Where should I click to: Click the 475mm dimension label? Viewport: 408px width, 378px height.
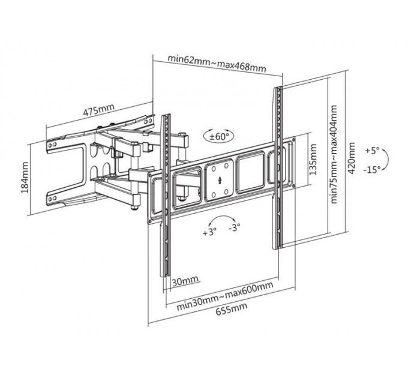pyautogui.click(x=98, y=110)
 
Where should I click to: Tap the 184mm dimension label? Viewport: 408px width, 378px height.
pyautogui.click(x=25, y=178)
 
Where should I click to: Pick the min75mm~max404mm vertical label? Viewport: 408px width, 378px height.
pyautogui.click(x=334, y=154)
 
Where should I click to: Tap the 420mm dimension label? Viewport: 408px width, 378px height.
pyautogui.click(x=351, y=158)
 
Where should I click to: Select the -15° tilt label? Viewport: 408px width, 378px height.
pyautogui.click(x=372, y=170)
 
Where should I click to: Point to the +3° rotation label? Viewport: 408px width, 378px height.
pyautogui.click(x=210, y=232)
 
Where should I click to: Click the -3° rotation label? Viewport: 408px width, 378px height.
pyautogui.click(x=235, y=227)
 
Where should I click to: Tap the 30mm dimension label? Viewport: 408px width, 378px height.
pyautogui.click(x=185, y=281)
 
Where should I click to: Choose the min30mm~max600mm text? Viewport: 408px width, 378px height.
pyautogui.click(x=225, y=296)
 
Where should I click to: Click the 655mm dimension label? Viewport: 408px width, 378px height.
pyautogui.click(x=232, y=310)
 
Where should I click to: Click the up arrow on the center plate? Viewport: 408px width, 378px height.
pyautogui.click(x=220, y=180)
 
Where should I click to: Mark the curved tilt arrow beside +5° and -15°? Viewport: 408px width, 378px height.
pyautogui.click(x=386, y=160)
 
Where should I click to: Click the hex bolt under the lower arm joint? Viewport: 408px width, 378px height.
pyautogui.click(x=134, y=208)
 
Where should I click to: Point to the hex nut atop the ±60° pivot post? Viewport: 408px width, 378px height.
pyautogui.click(x=182, y=134)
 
